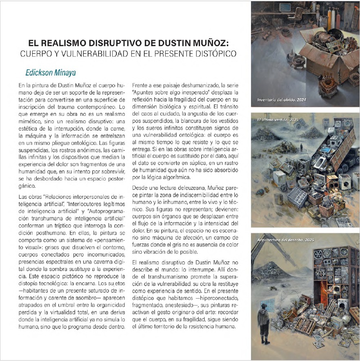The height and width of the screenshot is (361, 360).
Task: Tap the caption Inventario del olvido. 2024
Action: click(282, 100)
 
